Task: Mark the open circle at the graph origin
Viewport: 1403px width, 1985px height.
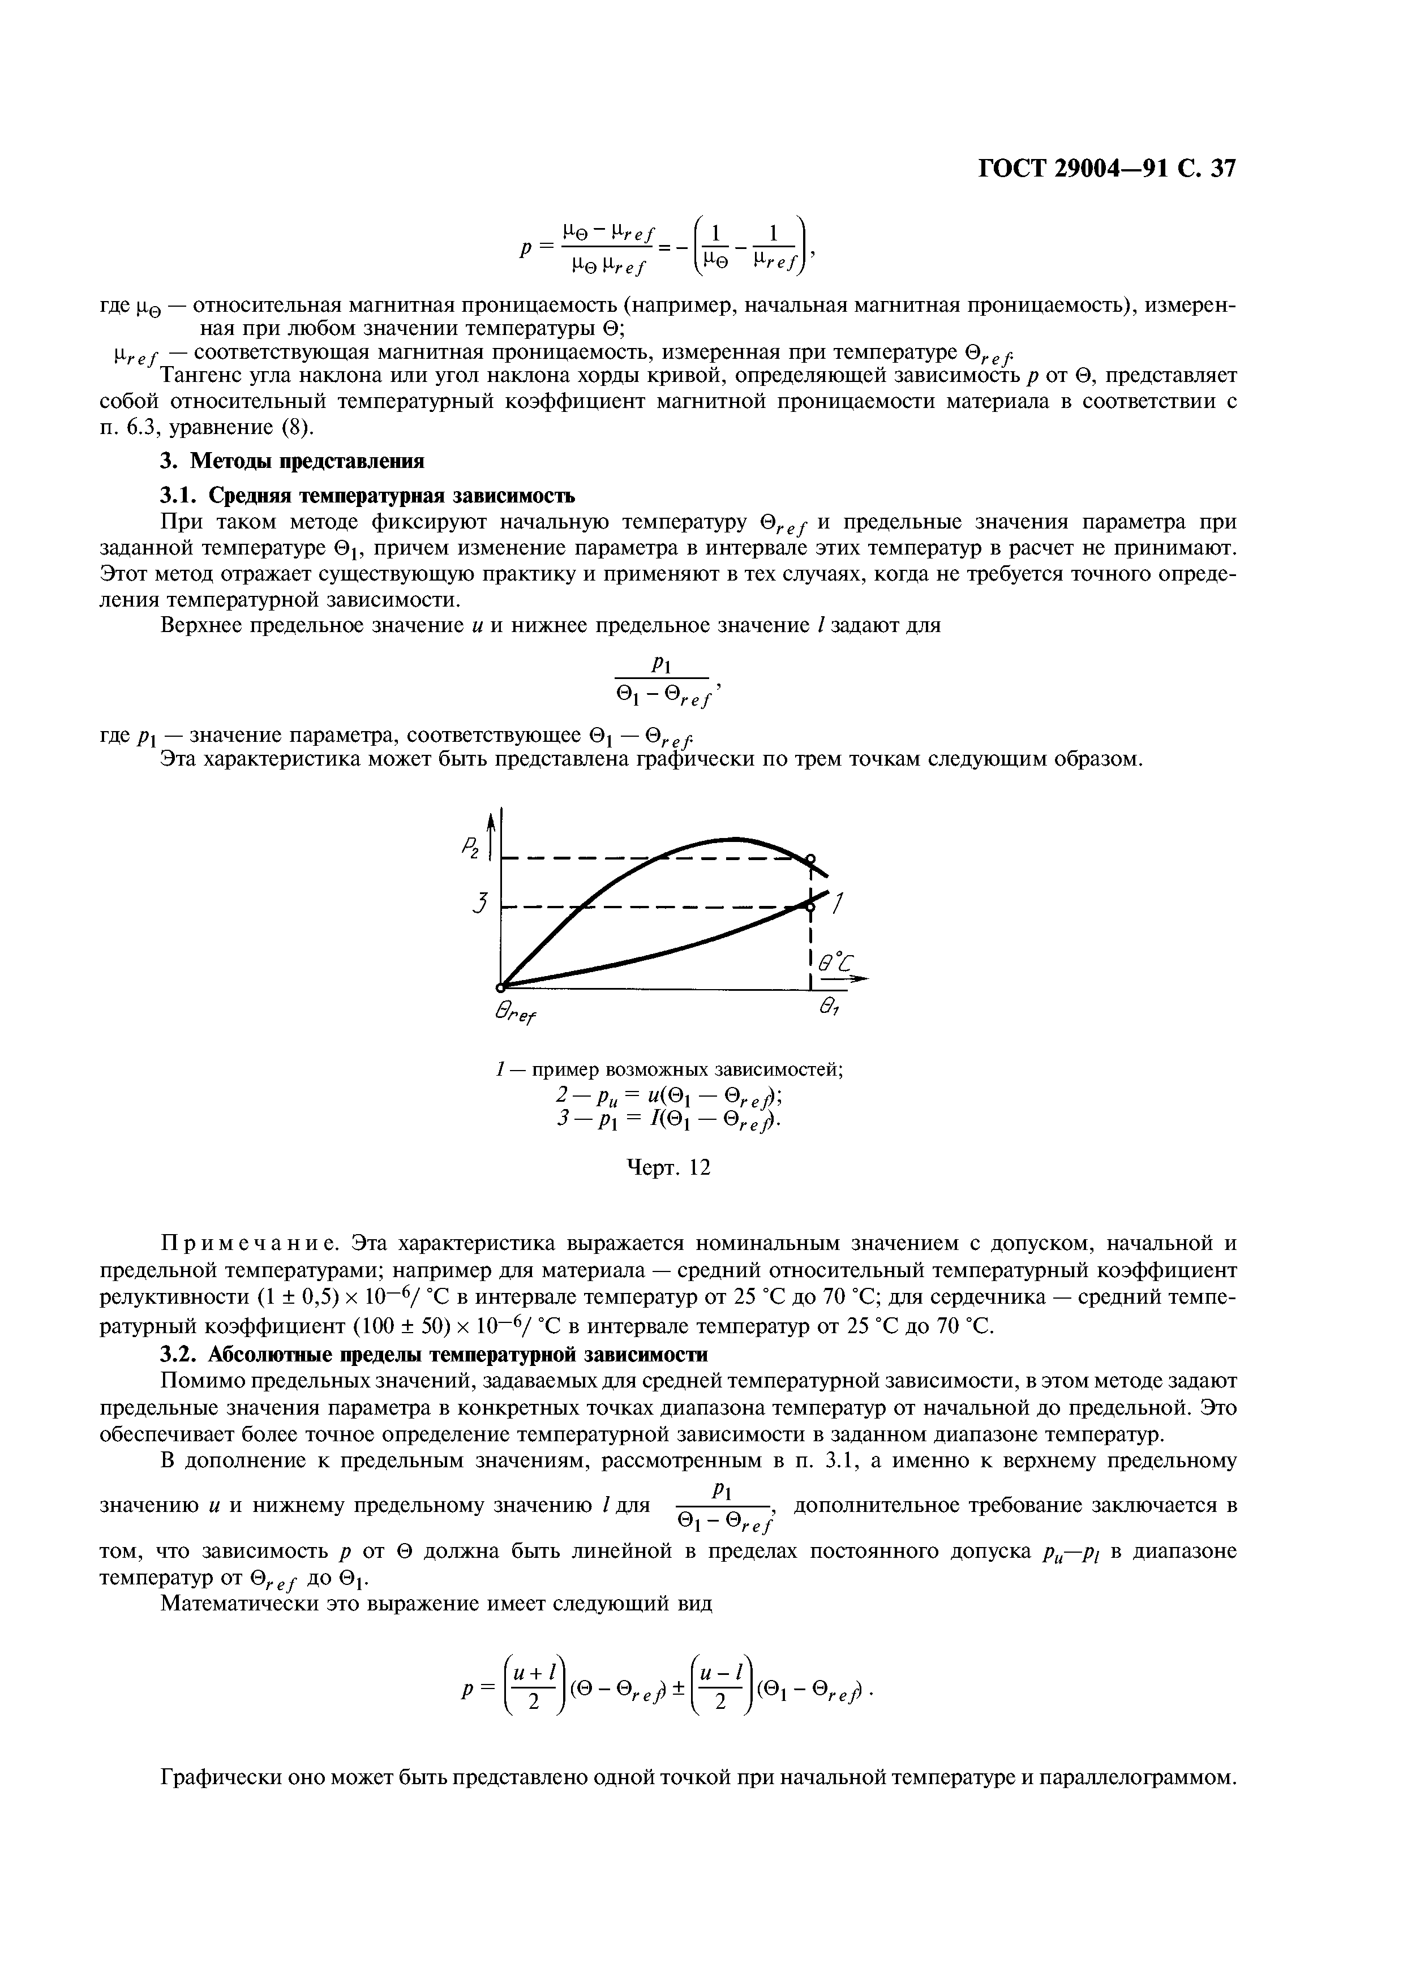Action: tap(500, 986)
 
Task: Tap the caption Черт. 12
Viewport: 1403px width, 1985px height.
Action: tap(667, 1168)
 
